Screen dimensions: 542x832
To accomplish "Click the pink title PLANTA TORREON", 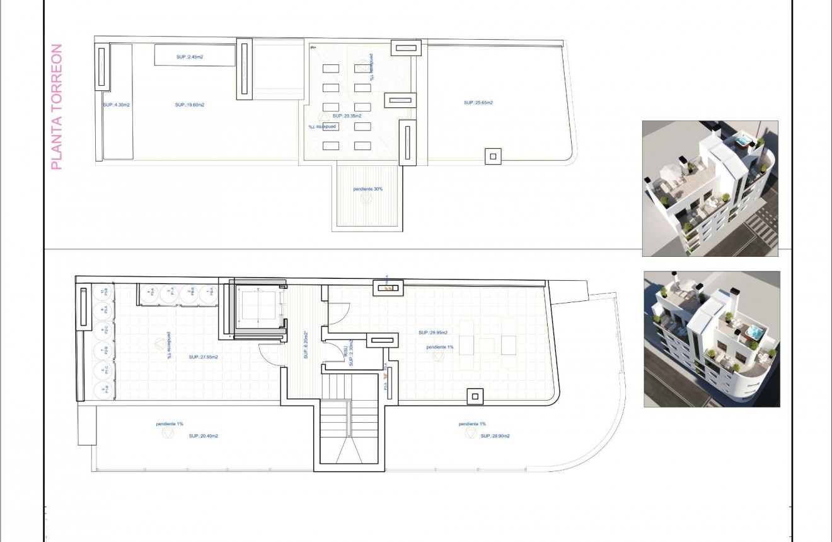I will tap(57, 106).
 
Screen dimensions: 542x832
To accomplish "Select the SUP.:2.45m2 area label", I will tap(189, 57).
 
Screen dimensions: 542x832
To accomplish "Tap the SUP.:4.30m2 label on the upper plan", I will tap(117, 105).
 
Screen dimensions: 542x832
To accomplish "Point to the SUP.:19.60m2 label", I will tap(189, 105).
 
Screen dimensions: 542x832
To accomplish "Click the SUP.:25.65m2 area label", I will tap(478, 102).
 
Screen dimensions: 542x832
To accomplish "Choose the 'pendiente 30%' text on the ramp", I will tap(368, 189).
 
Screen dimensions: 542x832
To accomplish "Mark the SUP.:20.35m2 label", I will tap(347, 116).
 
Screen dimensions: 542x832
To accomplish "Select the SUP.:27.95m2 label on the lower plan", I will tap(203, 357).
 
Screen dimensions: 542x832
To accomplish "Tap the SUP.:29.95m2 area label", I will tap(432, 333).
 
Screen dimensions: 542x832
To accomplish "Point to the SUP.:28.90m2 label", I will tap(495, 436).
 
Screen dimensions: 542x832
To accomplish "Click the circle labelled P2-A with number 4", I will tap(149, 293).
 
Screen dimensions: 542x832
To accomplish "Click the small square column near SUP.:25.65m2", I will tap(493, 155).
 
